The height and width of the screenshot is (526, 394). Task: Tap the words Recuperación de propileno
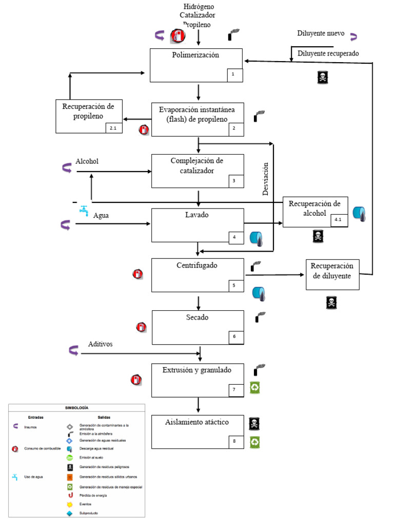pyautogui.click(x=89, y=111)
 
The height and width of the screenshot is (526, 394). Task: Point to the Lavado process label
pyautogui.click(x=196, y=215)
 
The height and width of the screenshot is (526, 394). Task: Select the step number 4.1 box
pyautogui.click(x=339, y=220)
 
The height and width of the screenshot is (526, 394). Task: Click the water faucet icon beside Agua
pyautogui.click(x=83, y=210)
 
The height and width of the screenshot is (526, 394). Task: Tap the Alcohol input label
pyautogui.click(x=87, y=161)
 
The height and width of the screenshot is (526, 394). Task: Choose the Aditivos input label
pyautogui.click(x=100, y=344)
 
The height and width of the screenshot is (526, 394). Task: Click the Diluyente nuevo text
pyautogui.click(x=321, y=34)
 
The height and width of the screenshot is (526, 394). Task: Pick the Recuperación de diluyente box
pyautogui.click(x=332, y=271)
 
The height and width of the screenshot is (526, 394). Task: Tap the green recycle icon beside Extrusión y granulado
pyautogui.click(x=255, y=387)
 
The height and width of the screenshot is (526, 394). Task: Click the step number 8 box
pyautogui.click(x=235, y=441)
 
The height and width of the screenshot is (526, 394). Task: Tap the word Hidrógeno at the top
pyautogui.click(x=199, y=6)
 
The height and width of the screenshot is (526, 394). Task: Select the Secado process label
pyautogui.click(x=197, y=317)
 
